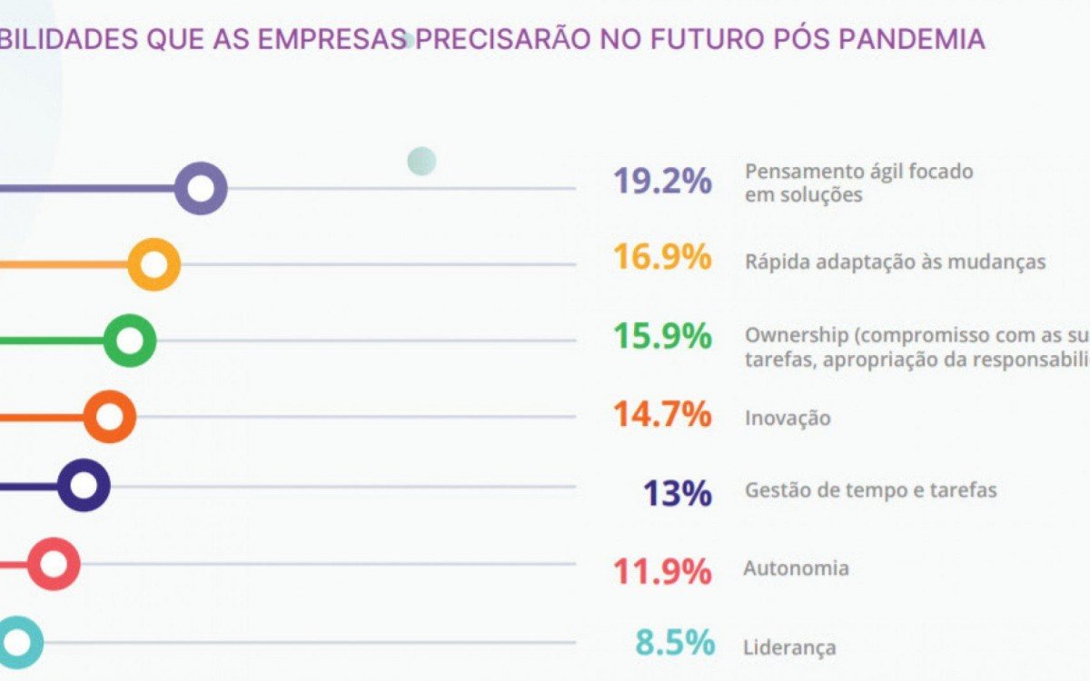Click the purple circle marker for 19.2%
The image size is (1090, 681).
[200, 189]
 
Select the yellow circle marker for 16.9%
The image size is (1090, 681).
[154, 265]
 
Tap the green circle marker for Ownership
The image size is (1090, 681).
[130, 341]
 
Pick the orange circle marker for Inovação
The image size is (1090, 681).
[109, 418]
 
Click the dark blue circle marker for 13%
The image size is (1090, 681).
[84, 486]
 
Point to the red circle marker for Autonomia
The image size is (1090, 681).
[54, 564]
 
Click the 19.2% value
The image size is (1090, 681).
[662, 182]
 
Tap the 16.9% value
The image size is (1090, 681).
[662, 258]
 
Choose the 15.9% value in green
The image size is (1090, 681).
[662, 337]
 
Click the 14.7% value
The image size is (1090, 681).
[662, 415]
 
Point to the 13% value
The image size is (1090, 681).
[677, 494]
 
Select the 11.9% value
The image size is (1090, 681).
[662, 572]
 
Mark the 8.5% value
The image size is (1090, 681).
[674, 643]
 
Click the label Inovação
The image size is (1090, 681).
[788, 419]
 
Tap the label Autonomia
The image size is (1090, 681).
[797, 569]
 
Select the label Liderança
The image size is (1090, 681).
[789, 648]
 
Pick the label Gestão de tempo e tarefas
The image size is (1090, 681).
[870, 490]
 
